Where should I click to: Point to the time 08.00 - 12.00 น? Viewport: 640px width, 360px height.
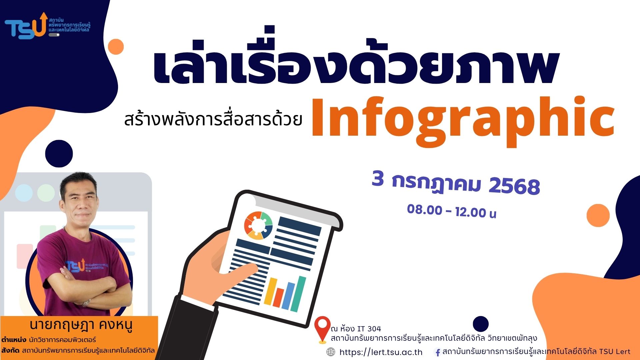click(x=452, y=211)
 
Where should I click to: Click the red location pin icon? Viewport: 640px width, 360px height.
click(x=322, y=330)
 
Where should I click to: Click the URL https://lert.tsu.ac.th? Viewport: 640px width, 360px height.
click(x=381, y=352)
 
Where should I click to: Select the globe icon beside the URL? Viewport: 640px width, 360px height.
click(x=331, y=352)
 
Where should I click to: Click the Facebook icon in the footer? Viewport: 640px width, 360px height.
click(x=438, y=352)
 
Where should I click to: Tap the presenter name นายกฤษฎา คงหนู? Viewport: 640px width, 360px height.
click(x=81, y=325)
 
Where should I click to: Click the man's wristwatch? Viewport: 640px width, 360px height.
click(x=86, y=303)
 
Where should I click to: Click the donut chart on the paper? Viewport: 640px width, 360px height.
click(x=258, y=226)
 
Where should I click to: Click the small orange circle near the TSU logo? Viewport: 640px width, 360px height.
click(x=116, y=46)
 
